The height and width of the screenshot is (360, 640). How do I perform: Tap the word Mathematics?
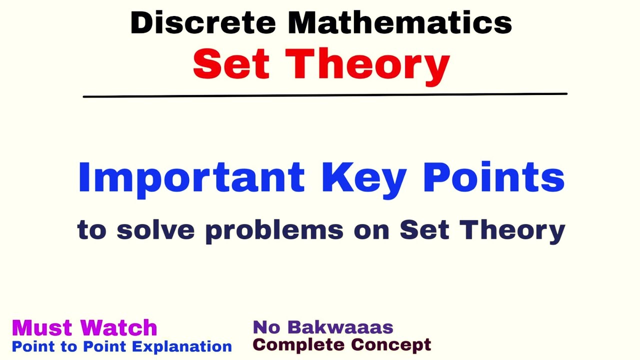click(400, 23)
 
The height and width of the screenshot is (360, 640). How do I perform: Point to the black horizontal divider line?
click(325, 95)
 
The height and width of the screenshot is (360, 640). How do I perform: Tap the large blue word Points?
click(493, 177)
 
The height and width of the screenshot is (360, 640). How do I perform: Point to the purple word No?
click(266, 327)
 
